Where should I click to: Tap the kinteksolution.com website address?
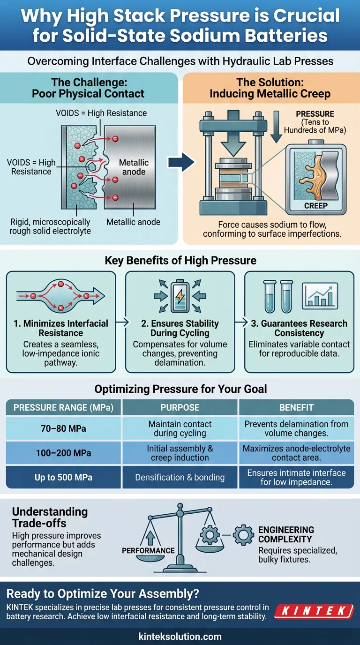pos(180,637)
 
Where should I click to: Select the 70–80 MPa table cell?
pos(60,429)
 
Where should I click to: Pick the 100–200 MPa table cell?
pos(60,453)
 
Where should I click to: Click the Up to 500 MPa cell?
pos(60,477)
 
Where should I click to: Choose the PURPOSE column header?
pos(180,407)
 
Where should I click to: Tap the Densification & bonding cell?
pos(180,477)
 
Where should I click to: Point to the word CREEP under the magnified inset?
pos(316,205)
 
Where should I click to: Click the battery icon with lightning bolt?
pos(180,295)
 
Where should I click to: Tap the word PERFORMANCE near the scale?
pos(148,551)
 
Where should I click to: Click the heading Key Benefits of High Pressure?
pos(180,261)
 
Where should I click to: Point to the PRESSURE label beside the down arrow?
pos(315,114)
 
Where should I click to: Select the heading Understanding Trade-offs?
pos(50,517)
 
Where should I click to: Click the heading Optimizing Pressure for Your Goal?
pos(180,389)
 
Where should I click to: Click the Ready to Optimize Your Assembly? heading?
pos(103,594)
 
